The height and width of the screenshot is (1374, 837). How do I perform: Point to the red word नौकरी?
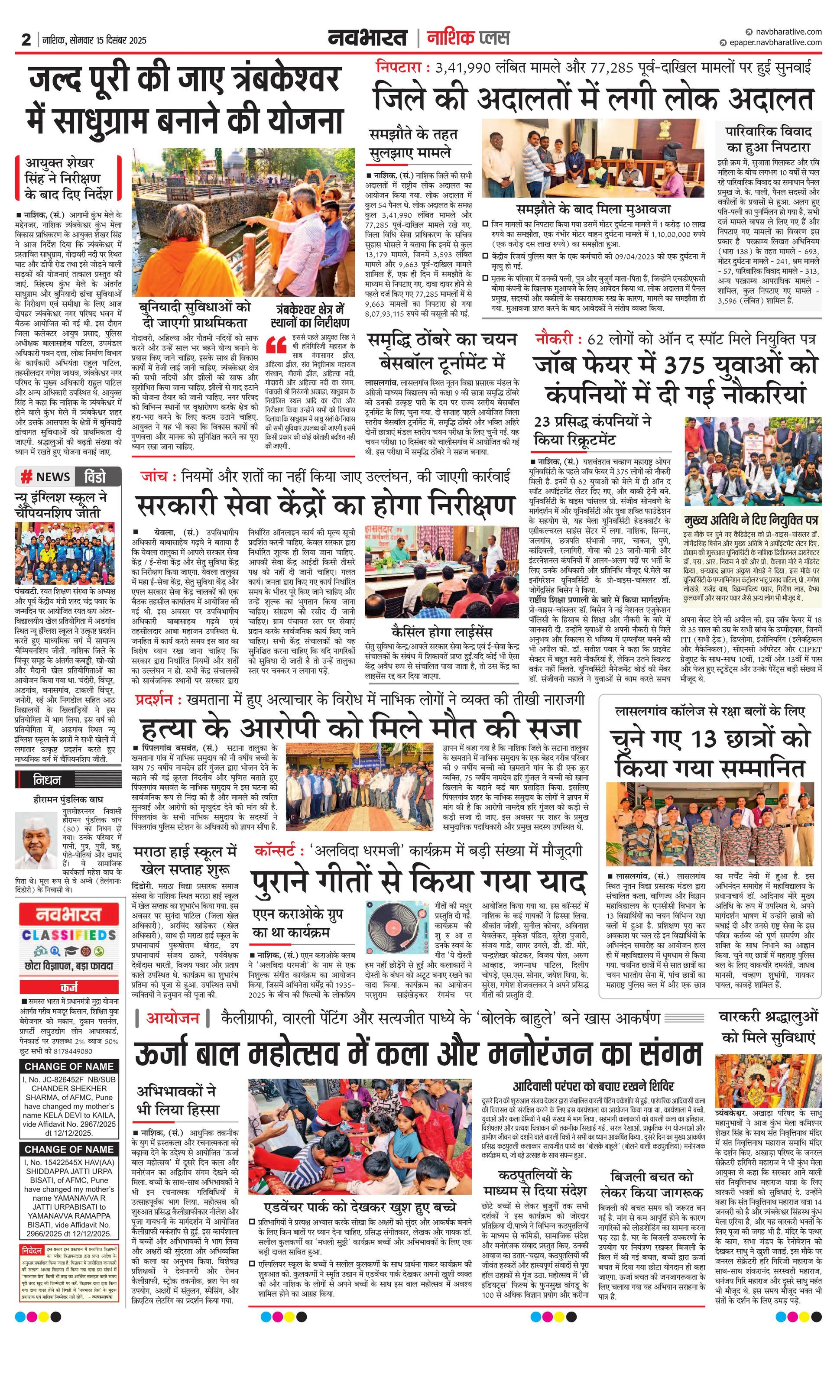click(x=554, y=339)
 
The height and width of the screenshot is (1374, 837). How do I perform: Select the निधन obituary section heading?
click(x=47, y=780)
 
